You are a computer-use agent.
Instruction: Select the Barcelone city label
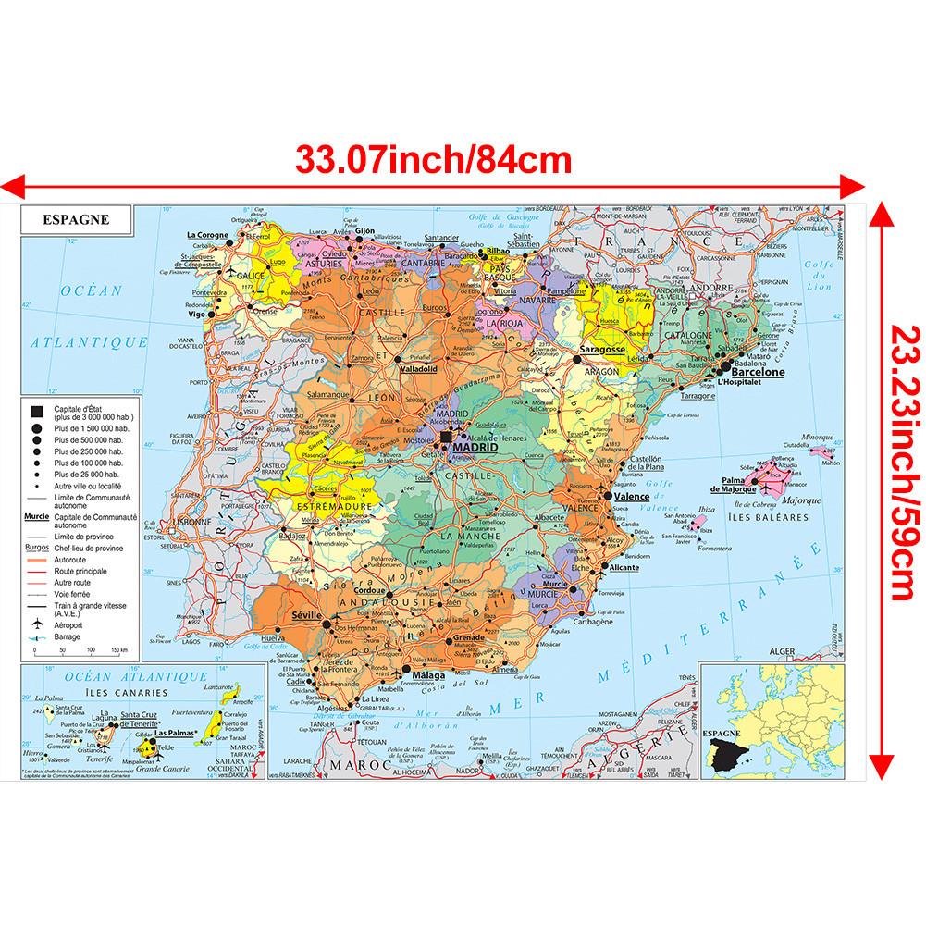click(x=758, y=372)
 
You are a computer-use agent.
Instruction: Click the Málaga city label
click(x=428, y=675)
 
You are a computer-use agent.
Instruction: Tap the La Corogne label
click(x=206, y=235)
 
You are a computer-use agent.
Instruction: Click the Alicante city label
click(x=624, y=567)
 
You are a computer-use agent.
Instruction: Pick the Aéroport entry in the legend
click(x=68, y=625)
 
